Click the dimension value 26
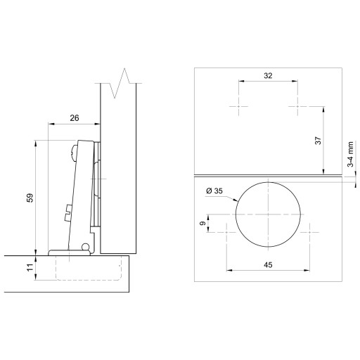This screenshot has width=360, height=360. pyautogui.click(x=75, y=118)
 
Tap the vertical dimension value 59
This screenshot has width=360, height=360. pyautogui.click(x=30, y=198)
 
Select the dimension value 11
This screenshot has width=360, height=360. pyautogui.click(x=30, y=267)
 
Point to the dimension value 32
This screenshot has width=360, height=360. pyautogui.click(x=268, y=76)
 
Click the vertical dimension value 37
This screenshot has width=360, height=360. pyautogui.click(x=318, y=141)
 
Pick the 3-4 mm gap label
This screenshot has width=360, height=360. pyautogui.click(x=350, y=154)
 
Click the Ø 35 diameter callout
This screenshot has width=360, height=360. pyautogui.click(x=214, y=191)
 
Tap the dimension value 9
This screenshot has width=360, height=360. pyautogui.click(x=203, y=223)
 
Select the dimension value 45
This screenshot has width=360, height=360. pyautogui.click(x=268, y=265)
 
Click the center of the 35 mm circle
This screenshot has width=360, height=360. pyautogui.click(x=268, y=214)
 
